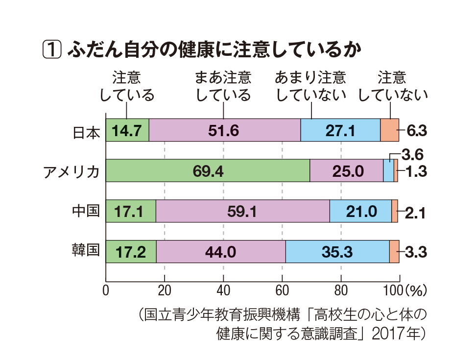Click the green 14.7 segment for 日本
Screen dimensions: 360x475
pos(127,130)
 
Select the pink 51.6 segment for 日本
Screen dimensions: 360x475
pos(224,130)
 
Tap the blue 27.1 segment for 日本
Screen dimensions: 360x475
pos(340,130)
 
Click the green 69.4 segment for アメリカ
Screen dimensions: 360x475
pos(208,171)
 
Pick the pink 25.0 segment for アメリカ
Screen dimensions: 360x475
pos(347,171)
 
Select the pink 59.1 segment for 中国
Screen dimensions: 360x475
pos(242,212)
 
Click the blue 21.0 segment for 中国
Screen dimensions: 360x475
pos(360,212)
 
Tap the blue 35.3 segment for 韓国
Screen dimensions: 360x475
pos(337,252)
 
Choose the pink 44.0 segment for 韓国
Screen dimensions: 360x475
pos(220,252)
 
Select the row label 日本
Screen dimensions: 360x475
pos(86,131)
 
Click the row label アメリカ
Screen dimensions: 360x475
pos(71,171)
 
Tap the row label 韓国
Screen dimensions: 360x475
pos(86,252)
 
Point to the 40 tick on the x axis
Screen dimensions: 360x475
pos(223,289)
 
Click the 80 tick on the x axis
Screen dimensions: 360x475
pos(341,289)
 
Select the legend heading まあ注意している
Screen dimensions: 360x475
pos(223,86)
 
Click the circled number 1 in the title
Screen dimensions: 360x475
pos(52,49)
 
